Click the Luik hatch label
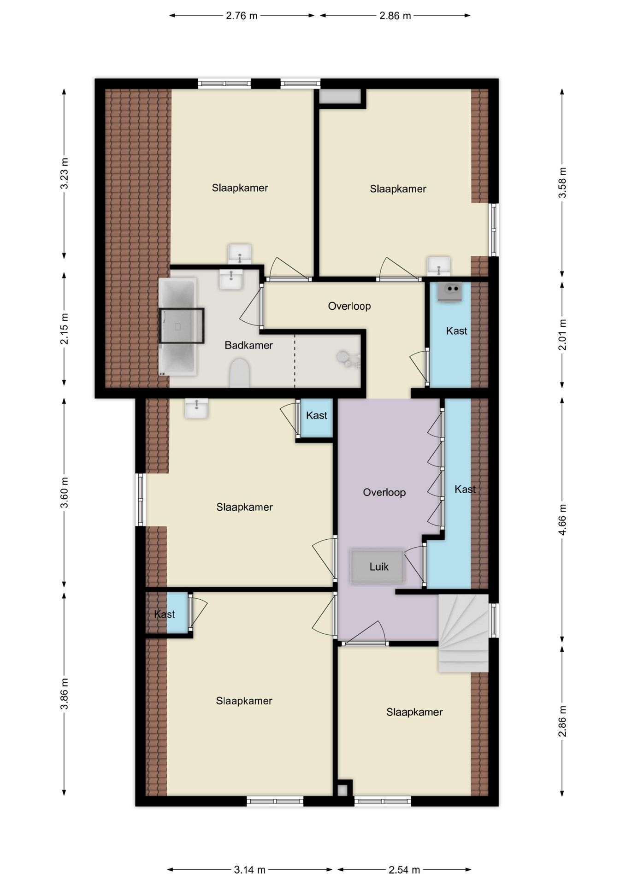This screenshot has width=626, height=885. (x=379, y=566)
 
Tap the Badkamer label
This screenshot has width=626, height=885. (x=248, y=345)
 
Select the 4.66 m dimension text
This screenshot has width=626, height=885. (x=562, y=519)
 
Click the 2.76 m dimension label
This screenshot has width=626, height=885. (x=242, y=16)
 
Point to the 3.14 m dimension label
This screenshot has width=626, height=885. (x=249, y=870)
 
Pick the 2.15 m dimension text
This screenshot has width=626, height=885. (x=65, y=329)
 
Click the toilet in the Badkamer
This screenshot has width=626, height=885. (x=239, y=373)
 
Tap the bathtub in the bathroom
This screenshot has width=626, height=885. (x=177, y=326)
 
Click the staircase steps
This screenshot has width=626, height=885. (x=463, y=633)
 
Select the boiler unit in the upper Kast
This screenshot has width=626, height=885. (x=449, y=292)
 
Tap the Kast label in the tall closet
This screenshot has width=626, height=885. (x=465, y=489)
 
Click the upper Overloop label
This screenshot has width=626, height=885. (x=349, y=306)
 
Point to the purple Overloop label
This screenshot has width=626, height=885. (x=384, y=492)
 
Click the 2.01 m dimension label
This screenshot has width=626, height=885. (x=562, y=335)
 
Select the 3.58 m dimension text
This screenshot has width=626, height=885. (x=562, y=183)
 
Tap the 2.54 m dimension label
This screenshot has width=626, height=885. (x=404, y=870)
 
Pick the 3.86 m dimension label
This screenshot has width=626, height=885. (x=65, y=694)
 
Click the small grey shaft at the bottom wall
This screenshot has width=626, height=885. (x=342, y=790)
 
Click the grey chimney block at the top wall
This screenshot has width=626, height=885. (x=340, y=96)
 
